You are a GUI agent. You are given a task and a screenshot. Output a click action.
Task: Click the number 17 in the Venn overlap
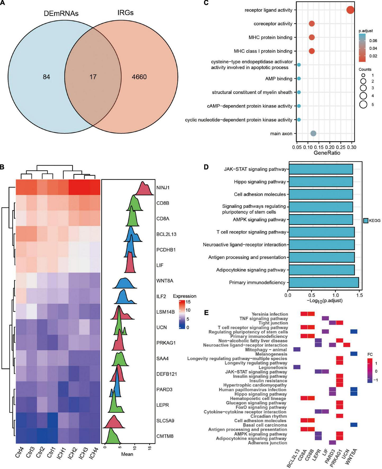93,77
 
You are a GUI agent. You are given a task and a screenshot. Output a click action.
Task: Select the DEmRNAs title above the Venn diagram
61,13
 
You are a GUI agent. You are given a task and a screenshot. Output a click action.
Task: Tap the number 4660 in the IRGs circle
139,77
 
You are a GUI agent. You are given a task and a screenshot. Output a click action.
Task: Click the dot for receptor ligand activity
350,10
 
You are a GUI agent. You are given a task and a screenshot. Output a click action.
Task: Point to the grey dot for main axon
313,134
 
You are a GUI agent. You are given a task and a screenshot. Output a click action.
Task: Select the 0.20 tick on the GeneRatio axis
330,147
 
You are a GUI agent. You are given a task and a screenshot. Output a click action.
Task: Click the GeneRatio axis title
327,153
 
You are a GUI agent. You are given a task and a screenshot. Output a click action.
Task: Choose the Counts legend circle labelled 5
363,105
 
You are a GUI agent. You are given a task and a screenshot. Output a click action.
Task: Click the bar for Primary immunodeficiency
324,282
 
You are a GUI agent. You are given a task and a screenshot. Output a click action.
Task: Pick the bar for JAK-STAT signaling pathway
321,169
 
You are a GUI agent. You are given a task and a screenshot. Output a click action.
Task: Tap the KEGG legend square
366,220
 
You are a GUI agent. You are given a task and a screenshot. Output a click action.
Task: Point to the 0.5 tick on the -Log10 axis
312,295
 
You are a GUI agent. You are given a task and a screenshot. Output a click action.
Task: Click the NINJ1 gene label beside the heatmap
163,188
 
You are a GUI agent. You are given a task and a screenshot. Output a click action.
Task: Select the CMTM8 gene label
165,436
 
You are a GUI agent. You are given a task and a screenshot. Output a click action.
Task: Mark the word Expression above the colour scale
185,296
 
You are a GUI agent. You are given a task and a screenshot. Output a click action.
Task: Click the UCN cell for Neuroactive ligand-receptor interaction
347,345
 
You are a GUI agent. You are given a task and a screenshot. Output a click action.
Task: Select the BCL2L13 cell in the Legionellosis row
297,367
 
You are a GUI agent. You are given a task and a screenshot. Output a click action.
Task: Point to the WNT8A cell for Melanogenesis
354,354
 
